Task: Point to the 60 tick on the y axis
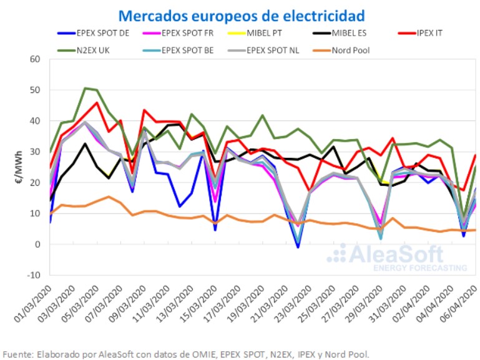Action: click(x=35, y=59)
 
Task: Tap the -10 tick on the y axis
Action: click(x=34, y=275)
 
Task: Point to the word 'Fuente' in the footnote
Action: click(x=18, y=354)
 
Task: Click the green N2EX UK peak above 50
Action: click(x=86, y=89)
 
